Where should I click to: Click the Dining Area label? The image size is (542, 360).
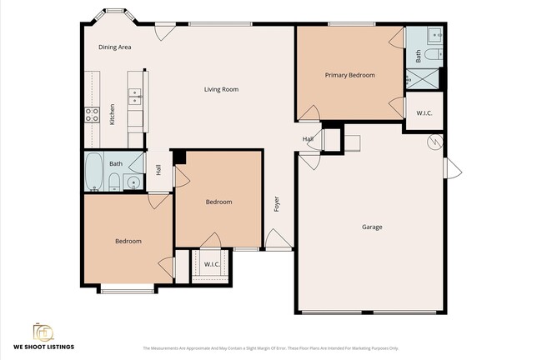(115, 47)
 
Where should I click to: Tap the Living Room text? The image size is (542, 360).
(222, 89)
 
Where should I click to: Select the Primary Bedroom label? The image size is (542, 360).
(349, 75)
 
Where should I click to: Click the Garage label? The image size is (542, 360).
(372, 227)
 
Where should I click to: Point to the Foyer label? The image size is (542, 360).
(276, 203)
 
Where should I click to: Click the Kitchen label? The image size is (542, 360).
(113, 113)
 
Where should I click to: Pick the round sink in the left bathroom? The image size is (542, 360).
(131, 183)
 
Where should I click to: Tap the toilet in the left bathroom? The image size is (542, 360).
(113, 182)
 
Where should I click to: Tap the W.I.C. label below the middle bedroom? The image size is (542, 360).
(212, 265)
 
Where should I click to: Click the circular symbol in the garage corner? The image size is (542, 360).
(433, 142)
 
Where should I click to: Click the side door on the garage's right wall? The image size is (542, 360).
(454, 167)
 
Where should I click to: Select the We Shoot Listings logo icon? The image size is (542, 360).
(43, 331)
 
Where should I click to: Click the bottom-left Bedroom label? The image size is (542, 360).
(128, 241)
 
